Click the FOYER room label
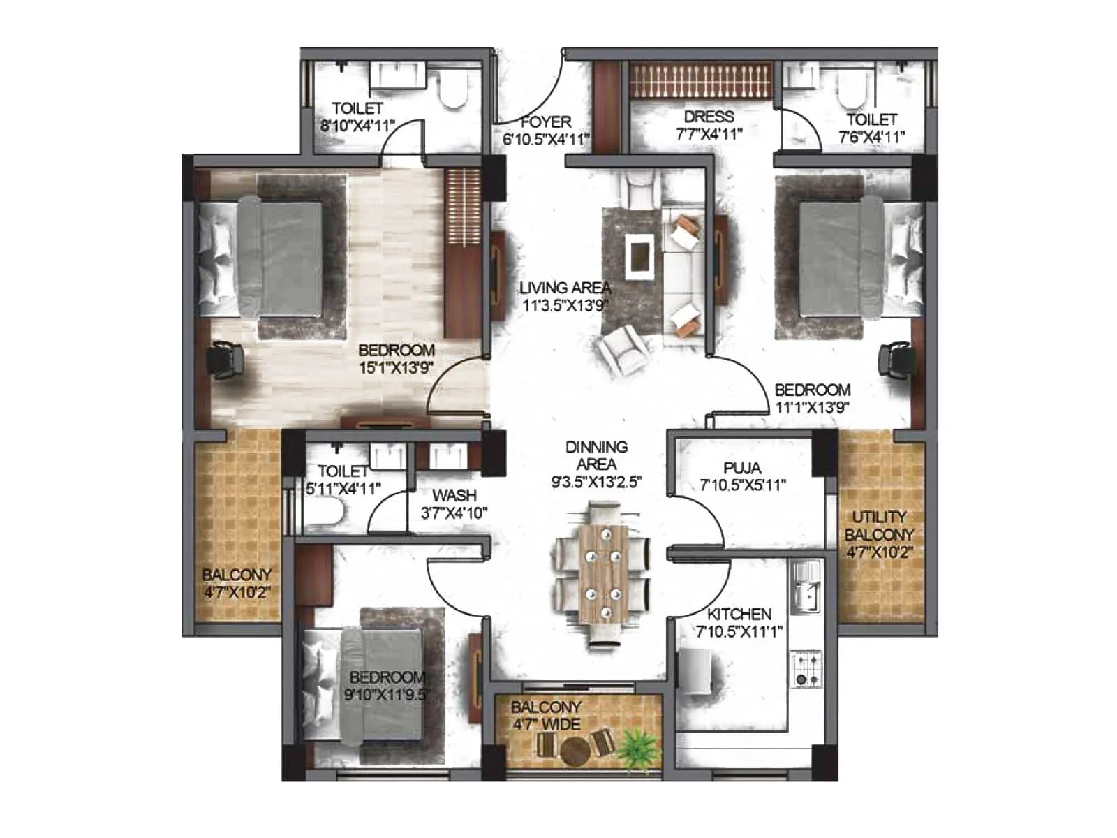coord(545,122)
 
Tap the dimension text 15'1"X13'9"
coord(396,367)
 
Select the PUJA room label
coord(742,467)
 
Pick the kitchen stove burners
coord(808,668)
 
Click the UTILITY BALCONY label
coord(879,526)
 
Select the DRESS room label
coord(709,117)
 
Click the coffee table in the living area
coord(640,256)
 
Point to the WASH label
coord(454,495)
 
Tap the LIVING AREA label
coord(565,287)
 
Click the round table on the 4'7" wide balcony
coord(575,750)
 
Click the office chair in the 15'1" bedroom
coord(225,359)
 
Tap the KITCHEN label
coord(739,615)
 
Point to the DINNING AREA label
coord(596,455)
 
